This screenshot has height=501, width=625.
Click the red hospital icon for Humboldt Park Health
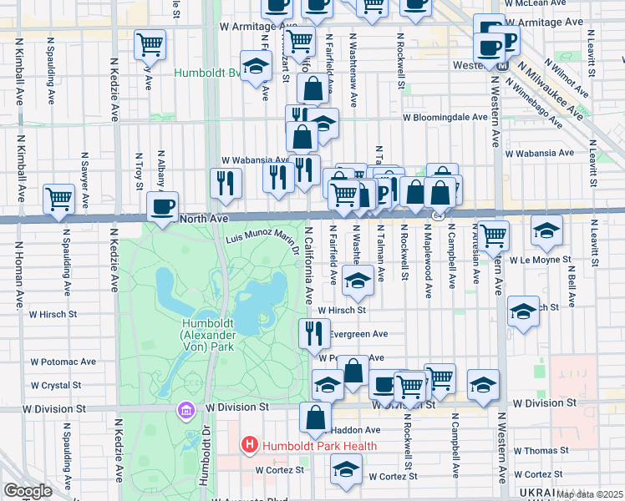pos(249,446)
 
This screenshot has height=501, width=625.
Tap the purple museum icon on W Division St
pos(185,410)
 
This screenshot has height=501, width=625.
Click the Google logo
pos(28,491)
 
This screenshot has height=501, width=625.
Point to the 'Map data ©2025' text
pos(590,494)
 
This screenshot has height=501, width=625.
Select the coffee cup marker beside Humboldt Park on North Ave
pos(162,205)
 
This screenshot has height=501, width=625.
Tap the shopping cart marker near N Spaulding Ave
pos(58,199)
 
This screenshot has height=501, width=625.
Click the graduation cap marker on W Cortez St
pos(346,470)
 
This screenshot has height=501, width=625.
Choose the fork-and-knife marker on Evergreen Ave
pos(314,333)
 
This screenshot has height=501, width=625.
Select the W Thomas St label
pos(542,450)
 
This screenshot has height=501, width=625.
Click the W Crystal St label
pos(55,386)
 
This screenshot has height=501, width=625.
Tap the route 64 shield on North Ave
pos(437,216)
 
